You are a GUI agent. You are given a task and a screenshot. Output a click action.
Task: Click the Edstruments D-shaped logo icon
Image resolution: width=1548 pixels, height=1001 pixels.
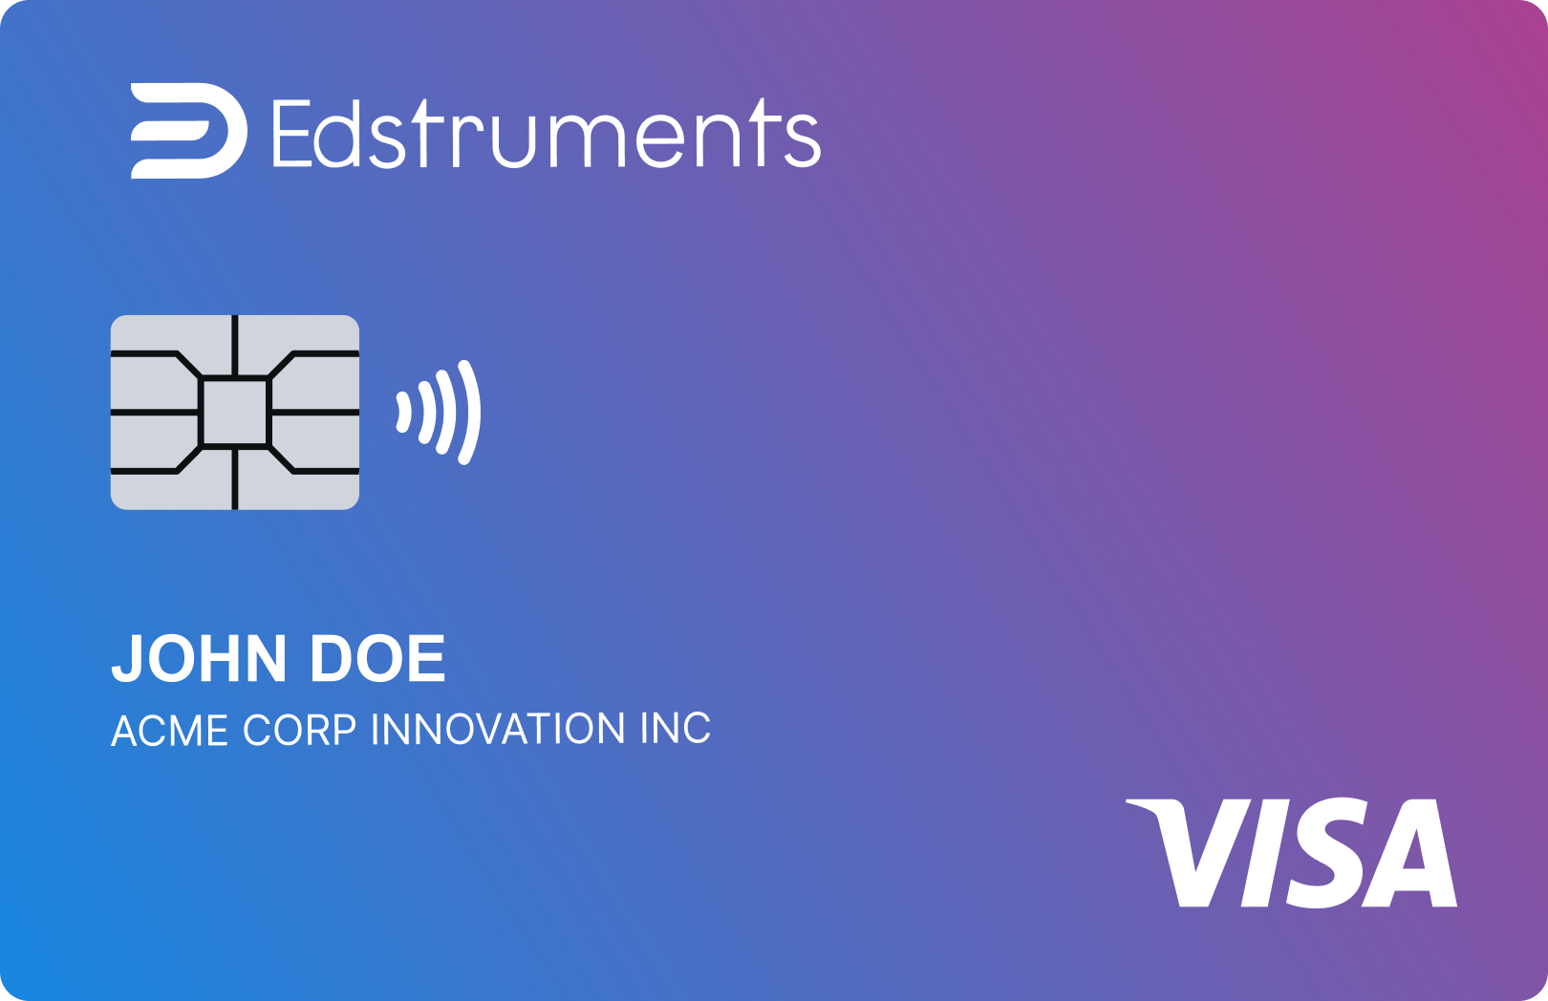click(188, 131)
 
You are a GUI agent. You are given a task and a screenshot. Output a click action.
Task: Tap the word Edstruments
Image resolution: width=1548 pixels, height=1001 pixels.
click(547, 134)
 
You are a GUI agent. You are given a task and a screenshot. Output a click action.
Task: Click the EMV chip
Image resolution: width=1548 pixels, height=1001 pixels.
click(235, 413)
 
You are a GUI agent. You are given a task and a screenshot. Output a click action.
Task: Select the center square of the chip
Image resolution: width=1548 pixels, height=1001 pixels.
click(235, 413)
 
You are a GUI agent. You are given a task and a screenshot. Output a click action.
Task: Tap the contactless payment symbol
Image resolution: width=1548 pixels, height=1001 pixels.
click(439, 413)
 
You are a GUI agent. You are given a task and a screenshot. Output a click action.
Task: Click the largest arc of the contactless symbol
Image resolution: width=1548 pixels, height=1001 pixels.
click(471, 413)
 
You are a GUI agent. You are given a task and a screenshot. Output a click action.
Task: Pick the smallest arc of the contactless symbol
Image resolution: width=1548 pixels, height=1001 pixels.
click(403, 413)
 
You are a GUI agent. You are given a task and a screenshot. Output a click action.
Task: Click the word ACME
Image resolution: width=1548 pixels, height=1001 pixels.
click(169, 730)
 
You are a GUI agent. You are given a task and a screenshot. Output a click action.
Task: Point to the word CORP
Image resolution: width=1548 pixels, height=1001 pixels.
click(299, 730)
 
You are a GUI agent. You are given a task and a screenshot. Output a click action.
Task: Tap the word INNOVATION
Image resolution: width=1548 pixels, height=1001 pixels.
click(498, 730)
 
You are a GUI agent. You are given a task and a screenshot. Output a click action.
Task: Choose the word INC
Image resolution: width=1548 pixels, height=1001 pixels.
click(676, 730)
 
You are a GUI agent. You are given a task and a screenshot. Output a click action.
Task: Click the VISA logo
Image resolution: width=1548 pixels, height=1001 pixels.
click(1291, 853)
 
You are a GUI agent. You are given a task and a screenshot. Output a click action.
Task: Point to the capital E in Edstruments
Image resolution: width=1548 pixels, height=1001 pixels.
click(291, 134)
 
